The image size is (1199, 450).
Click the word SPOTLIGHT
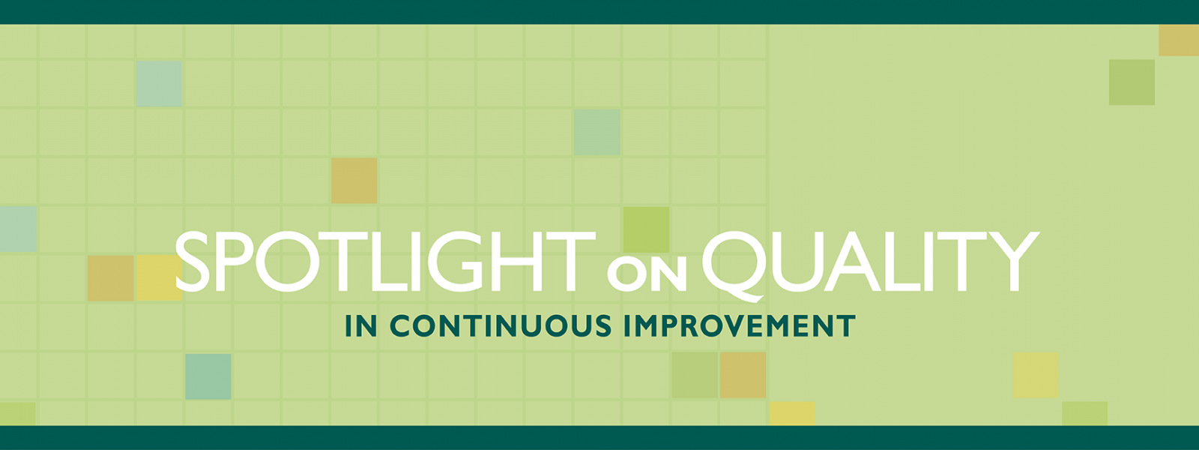click(385, 262)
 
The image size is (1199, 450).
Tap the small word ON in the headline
click(647, 277)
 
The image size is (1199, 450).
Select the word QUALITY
click(870, 265)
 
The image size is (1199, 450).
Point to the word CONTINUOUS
click(500, 325)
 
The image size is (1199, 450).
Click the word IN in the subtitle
click(361, 325)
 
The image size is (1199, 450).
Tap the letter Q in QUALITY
click(734, 266)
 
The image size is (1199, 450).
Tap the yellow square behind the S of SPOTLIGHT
click(159, 277)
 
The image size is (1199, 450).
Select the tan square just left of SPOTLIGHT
click(111, 277)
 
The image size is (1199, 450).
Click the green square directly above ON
click(647, 229)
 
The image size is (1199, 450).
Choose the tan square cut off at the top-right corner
click(1179, 40)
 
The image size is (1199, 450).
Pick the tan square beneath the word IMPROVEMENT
click(743, 375)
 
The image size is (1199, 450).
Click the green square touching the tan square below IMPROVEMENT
click(695, 375)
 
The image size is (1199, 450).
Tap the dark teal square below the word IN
click(208, 376)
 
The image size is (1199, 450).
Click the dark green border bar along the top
click(599, 12)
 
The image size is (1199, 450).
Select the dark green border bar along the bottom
click(599, 438)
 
